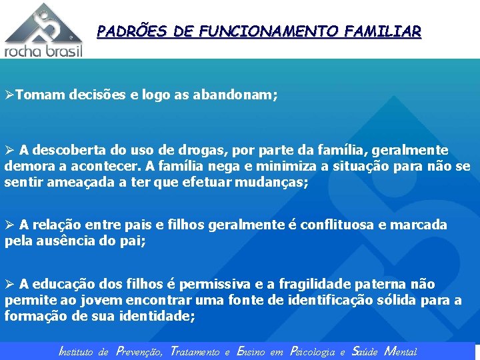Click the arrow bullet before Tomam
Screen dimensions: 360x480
(9, 95)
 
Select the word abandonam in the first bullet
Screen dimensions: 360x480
(232, 95)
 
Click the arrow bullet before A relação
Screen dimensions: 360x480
(9, 225)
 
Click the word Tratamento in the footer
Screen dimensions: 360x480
(195, 351)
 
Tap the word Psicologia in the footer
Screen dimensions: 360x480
(312, 351)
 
